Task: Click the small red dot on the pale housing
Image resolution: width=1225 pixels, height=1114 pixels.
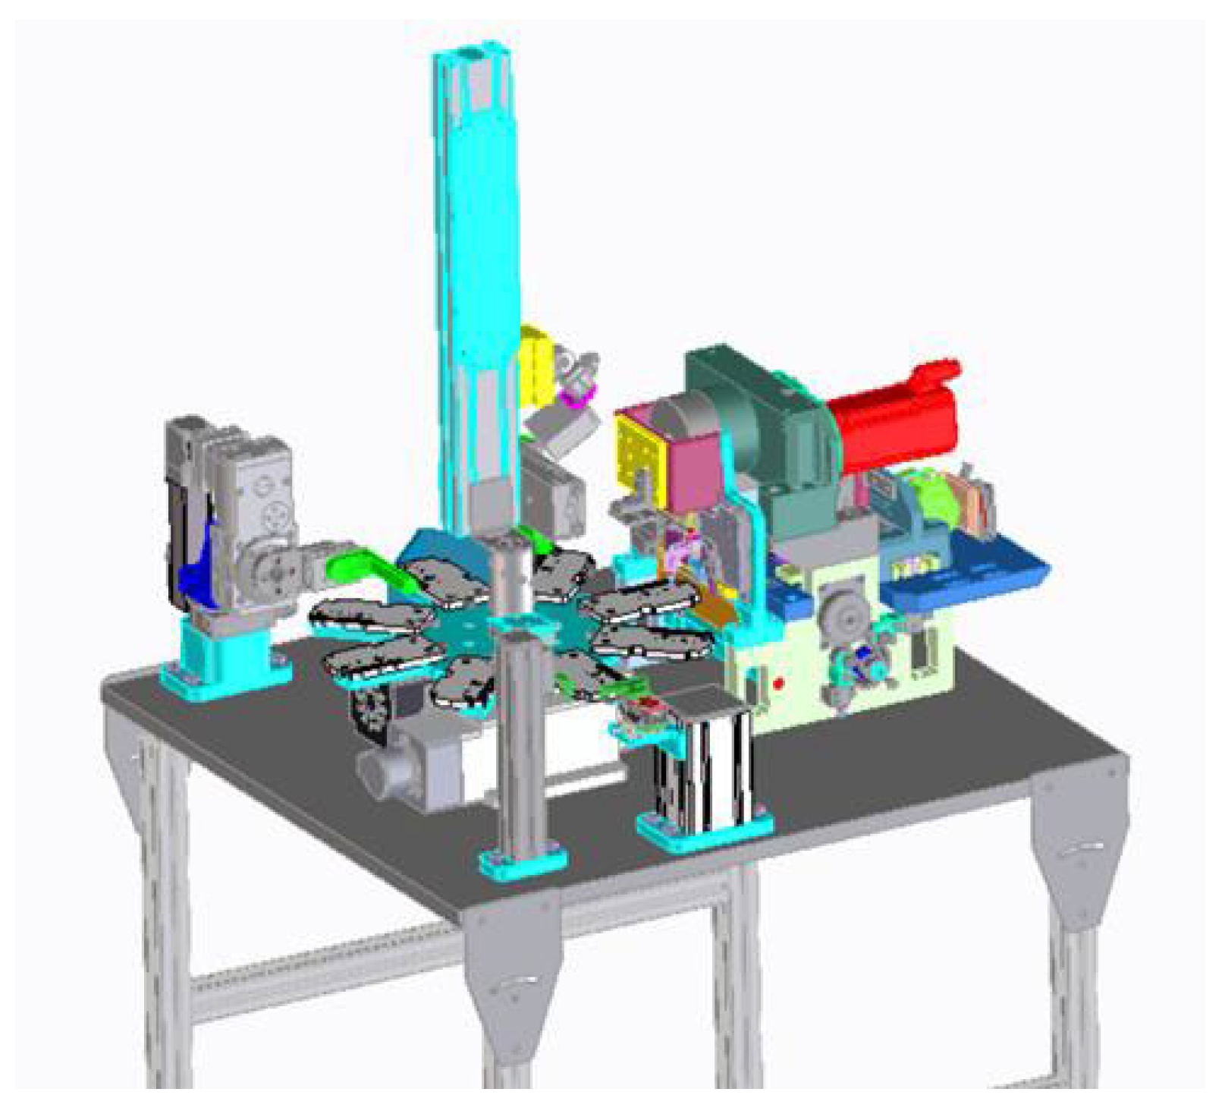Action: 778,684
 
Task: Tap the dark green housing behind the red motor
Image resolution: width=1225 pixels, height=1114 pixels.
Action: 766,425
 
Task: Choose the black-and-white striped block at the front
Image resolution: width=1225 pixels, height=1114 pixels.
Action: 705,766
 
